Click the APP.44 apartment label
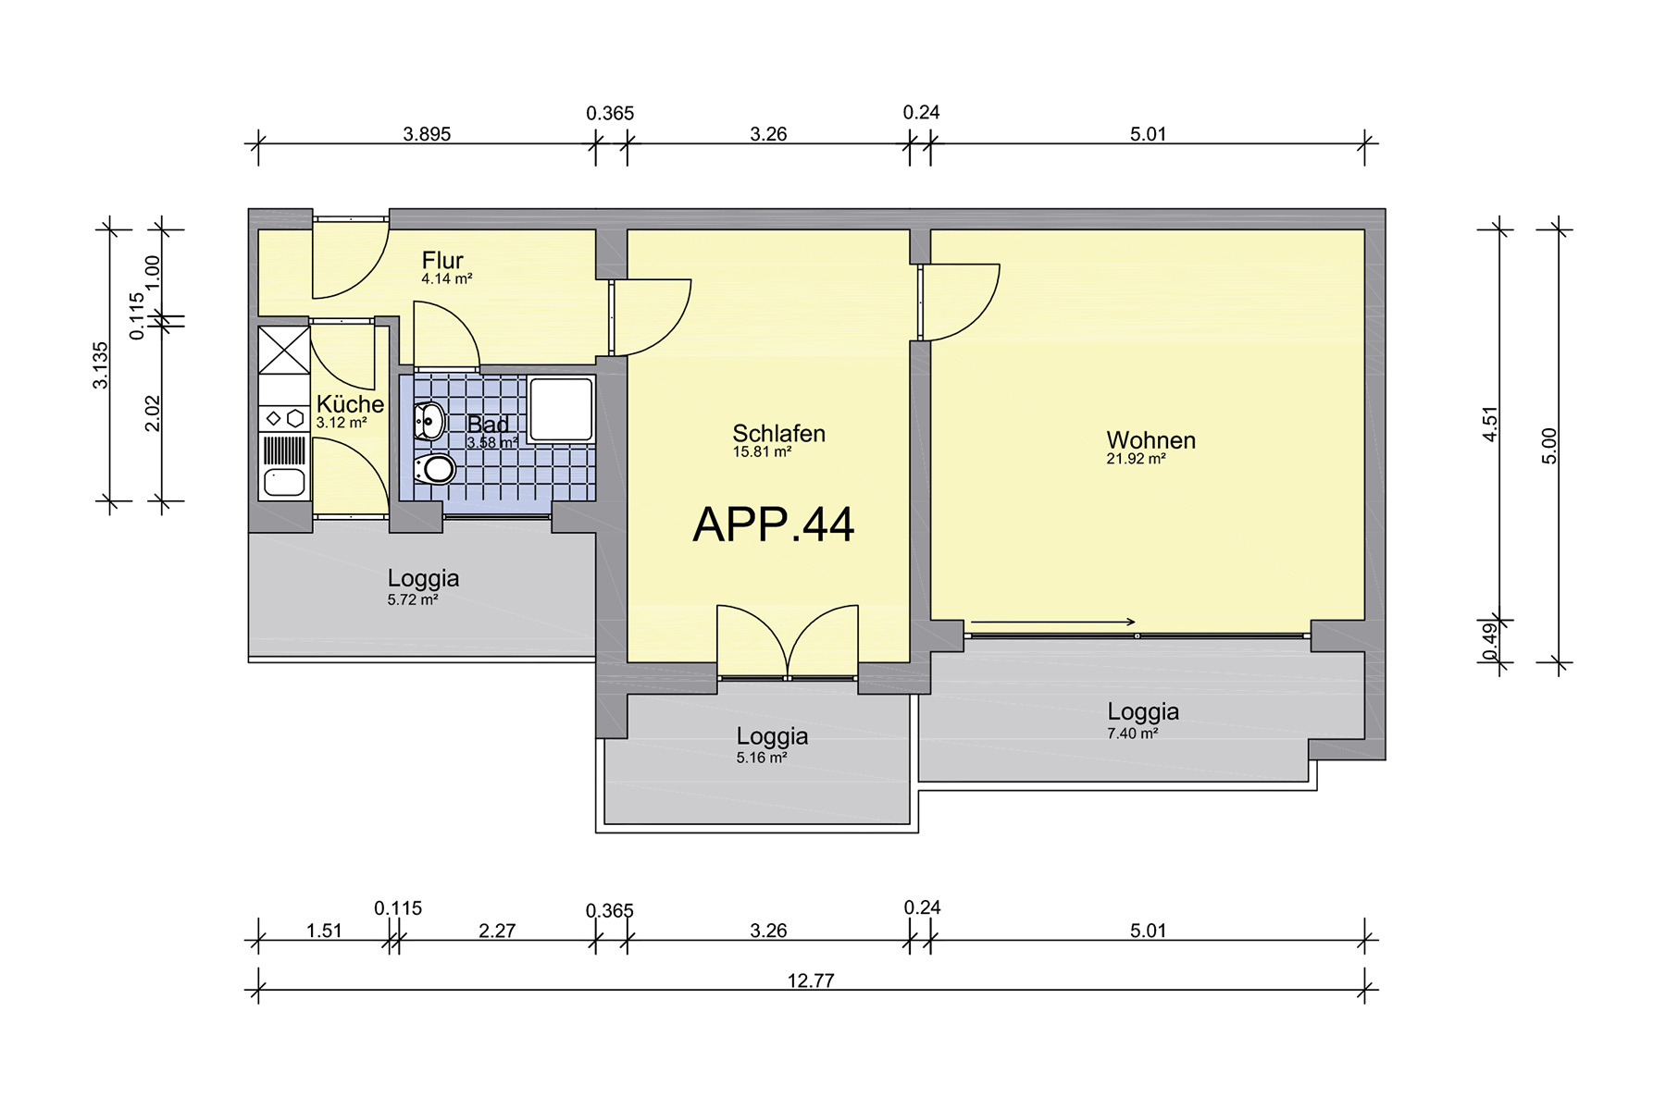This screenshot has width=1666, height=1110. [774, 524]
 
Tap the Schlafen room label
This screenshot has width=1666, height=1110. [778, 433]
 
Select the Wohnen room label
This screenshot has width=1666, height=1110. [1150, 440]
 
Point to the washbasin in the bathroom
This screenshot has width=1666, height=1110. [429, 422]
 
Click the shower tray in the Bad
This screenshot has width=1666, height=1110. [560, 409]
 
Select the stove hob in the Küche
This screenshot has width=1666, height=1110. [284, 418]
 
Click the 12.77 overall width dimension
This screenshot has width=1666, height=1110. [811, 980]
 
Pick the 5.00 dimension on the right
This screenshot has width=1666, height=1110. [1550, 446]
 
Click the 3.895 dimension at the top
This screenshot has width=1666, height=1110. [427, 134]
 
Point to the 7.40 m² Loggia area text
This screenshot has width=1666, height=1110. [1133, 734]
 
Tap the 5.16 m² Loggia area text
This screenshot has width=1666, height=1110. [762, 758]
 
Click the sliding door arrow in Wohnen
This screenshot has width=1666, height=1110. [1053, 623]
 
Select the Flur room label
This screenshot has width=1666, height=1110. [442, 260]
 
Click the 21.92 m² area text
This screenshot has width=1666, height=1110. [1136, 459]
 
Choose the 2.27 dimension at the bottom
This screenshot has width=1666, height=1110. [497, 931]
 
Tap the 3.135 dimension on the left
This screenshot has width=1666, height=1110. [100, 365]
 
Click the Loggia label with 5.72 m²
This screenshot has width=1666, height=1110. [423, 578]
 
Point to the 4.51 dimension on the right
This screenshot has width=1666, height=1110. [1490, 424]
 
